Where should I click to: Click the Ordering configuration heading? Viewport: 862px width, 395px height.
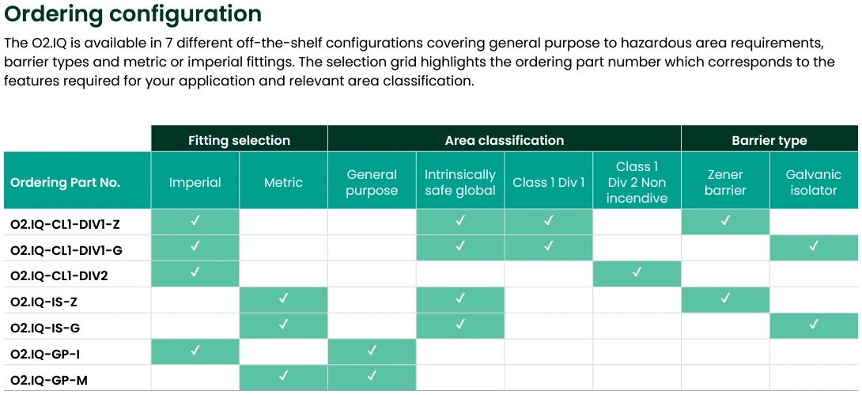click(x=133, y=14)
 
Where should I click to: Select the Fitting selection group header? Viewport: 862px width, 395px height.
click(x=239, y=140)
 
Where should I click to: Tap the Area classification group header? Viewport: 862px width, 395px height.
click(x=504, y=140)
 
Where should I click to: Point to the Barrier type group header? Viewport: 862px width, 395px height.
click(x=769, y=140)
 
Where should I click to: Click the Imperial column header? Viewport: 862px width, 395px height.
click(x=195, y=182)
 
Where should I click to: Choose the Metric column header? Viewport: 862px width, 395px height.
click(x=283, y=182)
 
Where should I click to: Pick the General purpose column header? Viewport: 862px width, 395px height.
click(x=372, y=182)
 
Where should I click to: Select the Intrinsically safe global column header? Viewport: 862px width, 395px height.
click(x=460, y=182)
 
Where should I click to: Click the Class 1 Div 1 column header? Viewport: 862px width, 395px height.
click(x=549, y=182)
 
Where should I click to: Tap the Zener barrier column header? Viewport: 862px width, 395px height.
click(x=725, y=182)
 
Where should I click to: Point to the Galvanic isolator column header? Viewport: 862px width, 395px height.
click(x=814, y=182)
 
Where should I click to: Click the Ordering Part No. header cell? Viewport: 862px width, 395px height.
click(x=65, y=182)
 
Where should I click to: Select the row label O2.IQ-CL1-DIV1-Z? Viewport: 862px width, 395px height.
click(x=65, y=224)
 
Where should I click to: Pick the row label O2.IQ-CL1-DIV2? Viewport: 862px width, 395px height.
click(x=59, y=276)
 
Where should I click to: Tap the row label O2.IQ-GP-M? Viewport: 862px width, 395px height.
click(x=49, y=381)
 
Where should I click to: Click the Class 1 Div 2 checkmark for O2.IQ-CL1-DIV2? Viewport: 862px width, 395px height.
click(x=637, y=272)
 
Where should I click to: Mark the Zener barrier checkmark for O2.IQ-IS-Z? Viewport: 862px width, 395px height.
click(x=725, y=298)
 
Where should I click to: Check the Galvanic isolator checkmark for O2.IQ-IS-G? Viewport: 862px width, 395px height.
click(x=814, y=325)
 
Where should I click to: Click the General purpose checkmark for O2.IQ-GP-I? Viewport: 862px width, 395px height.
click(x=372, y=351)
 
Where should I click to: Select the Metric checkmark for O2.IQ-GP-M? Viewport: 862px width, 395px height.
click(x=283, y=376)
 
